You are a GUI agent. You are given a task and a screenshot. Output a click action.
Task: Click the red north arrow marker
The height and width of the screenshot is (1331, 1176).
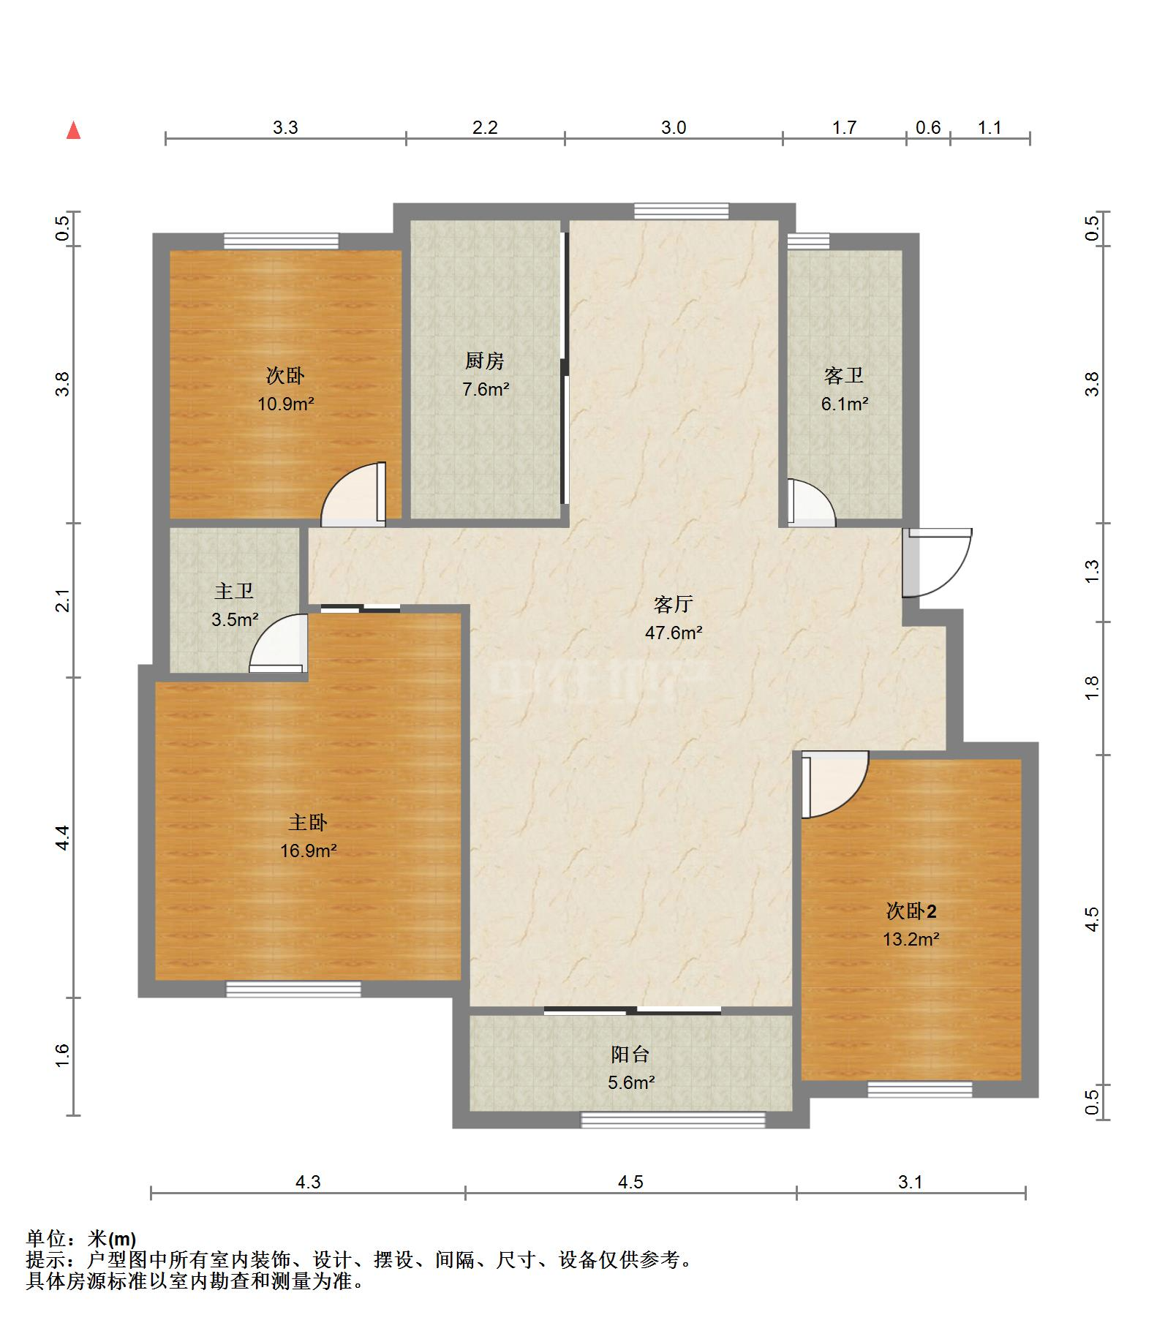(73, 130)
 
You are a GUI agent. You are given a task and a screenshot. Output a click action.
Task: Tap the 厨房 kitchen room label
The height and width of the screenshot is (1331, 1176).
(484, 361)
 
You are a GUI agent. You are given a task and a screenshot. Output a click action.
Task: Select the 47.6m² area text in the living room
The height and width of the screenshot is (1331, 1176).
(674, 633)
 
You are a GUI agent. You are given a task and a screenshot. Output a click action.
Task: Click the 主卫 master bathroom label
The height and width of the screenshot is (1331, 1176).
(234, 591)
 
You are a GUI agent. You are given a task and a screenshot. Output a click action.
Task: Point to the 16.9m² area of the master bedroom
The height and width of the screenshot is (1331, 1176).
(308, 851)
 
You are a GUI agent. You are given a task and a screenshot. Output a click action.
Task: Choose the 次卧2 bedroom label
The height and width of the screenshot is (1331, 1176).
(911, 911)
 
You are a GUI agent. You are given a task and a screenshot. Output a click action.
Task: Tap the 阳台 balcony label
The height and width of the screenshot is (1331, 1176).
(630, 1054)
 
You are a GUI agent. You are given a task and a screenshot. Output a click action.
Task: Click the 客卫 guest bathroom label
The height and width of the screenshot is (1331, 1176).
(844, 375)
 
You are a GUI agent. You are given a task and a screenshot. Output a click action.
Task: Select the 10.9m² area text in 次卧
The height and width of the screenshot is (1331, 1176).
(285, 403)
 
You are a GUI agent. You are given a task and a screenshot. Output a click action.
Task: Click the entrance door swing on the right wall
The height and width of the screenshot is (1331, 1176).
(937, 562)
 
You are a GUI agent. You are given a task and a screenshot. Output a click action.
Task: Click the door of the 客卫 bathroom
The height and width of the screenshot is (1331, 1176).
(811, 502)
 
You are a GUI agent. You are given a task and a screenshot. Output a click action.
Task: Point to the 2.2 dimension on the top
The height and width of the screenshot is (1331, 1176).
(485, 128)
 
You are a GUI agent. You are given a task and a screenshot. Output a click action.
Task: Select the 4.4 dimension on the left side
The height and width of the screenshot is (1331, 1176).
(63, 837)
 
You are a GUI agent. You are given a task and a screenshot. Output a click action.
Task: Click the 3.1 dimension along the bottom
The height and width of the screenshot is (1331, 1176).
(911, 1182)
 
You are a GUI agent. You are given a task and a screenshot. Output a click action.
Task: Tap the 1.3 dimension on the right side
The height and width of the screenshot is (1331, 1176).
(1092, 571)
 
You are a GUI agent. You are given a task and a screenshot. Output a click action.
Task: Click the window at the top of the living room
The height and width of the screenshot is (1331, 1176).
(682, 211)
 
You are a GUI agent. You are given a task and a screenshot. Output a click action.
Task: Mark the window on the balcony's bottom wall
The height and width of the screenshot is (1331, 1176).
(673, 1120)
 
